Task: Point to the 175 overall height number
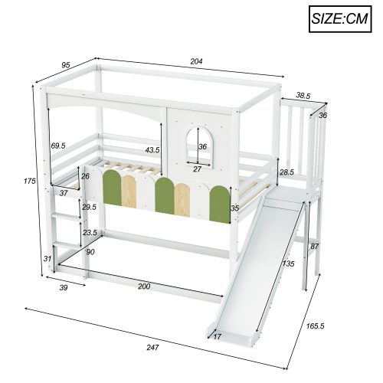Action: point(29,181)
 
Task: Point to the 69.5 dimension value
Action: point(59,146)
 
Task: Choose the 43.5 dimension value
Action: point(152,150)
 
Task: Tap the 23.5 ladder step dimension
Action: point(90,233)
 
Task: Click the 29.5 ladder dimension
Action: point(89,208)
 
